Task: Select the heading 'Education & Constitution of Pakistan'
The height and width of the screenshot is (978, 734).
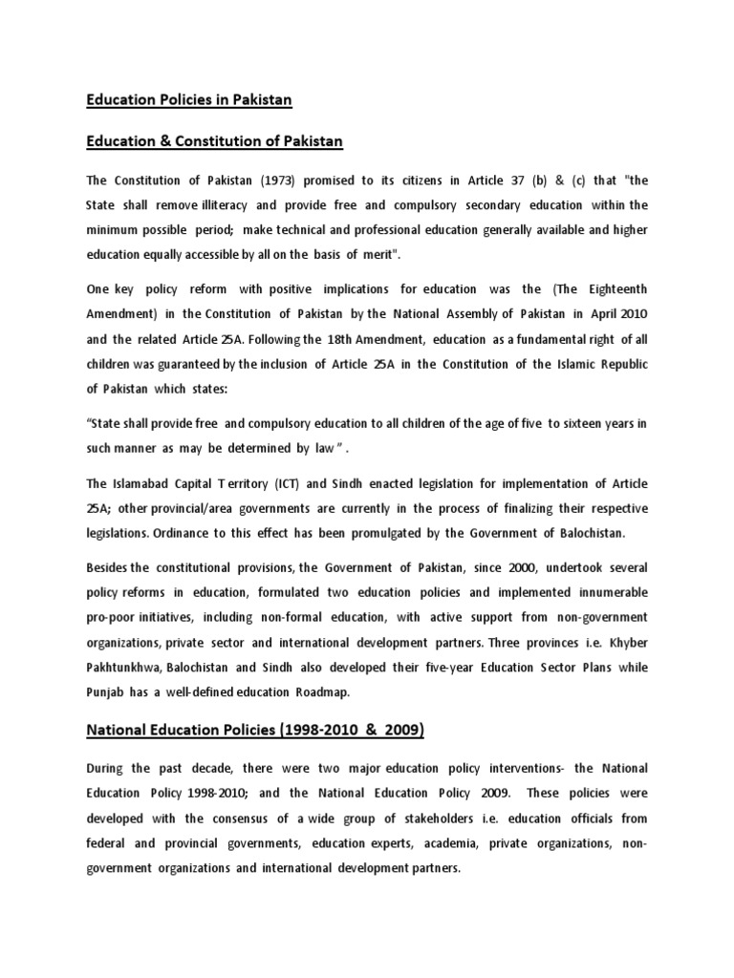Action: (x=215, y=142)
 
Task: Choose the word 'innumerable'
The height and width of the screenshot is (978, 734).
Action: (x=607, y=592)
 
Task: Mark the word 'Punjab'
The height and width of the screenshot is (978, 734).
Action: (x=108, y=690)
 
